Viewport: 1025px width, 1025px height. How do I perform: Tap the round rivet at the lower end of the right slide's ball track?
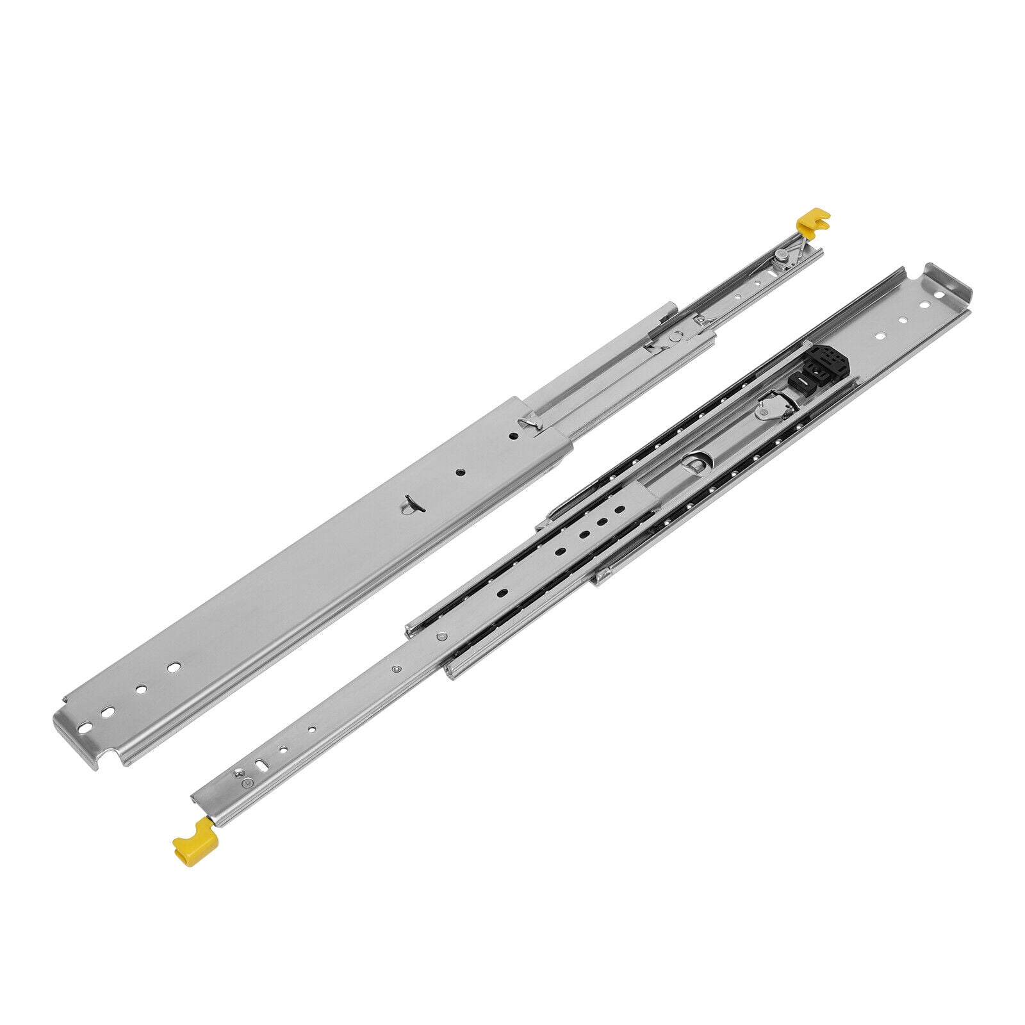441,637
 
